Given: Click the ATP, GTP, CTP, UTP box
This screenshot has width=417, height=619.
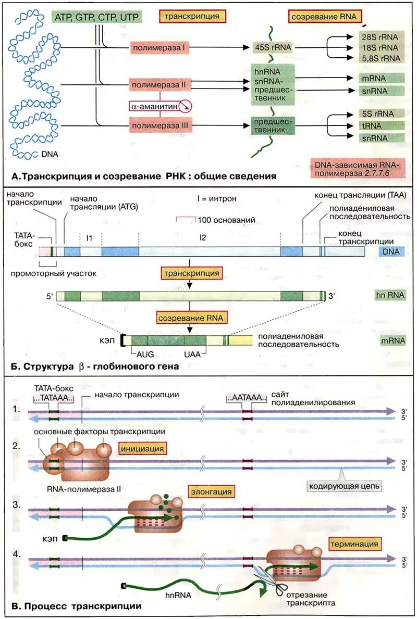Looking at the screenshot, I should [96, 17].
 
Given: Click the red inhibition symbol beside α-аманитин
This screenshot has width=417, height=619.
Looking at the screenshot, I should [185, 107].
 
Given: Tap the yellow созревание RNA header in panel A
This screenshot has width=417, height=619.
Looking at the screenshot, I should [324, 17].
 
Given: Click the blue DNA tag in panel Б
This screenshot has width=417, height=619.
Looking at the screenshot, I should [391, 251].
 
